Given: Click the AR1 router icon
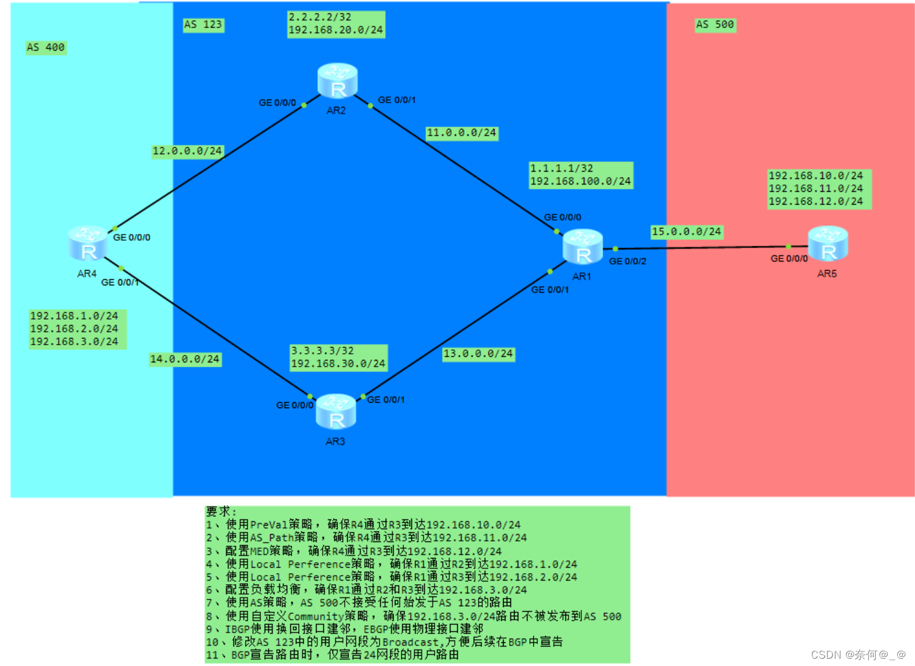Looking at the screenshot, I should (x=582, y=247).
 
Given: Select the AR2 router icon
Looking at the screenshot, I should (x=337, y=81).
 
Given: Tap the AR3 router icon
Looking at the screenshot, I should (x=336, y=412).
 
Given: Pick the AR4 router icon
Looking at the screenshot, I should (x=88, y=243).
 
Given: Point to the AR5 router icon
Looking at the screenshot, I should (x=828, y=243).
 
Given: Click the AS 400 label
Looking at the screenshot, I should (x=46, y=48).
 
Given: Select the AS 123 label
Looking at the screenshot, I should (x=204, y=24).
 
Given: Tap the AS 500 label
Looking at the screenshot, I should (x=715, y=24).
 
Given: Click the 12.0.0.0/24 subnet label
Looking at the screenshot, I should (x=187, y=151).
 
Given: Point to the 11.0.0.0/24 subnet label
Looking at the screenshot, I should (x=461, y=133).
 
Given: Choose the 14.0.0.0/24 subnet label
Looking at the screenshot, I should (x=185, y=359).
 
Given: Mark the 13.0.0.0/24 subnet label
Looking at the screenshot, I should (x=478, y=354).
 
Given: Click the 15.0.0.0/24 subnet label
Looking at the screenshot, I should (x=686, y=232).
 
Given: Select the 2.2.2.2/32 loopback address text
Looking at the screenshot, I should (x=320, y=17).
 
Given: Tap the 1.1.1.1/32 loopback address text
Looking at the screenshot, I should (x=561, y=169).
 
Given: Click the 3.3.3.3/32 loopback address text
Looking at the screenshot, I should (x=322, y=351).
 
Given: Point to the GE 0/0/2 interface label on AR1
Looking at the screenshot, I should (x=628, y=262).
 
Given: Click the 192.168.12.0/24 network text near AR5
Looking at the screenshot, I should (x=815, y=202).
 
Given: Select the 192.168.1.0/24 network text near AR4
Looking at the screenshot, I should (x=74, y=316).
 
